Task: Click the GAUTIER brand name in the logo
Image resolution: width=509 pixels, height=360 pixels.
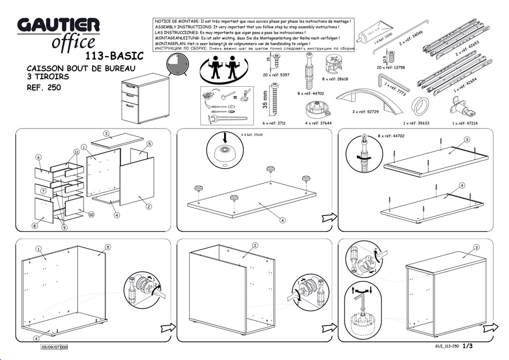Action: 58,25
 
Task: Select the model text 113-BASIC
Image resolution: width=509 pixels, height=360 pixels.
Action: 114,55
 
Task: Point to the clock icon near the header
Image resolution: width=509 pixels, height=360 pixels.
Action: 176,64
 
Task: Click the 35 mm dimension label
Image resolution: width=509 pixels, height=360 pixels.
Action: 265,100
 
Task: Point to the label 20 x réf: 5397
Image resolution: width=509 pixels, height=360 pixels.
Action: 276,75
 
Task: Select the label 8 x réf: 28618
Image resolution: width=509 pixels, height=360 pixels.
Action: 335,79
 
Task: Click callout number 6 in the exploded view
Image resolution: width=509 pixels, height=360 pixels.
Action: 39,157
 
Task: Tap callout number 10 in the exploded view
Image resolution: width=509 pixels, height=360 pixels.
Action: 91,214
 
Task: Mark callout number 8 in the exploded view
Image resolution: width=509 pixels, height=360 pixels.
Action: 35,226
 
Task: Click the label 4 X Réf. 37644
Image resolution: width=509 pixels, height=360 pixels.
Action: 251,135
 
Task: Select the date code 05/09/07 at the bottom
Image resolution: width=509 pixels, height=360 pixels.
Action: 55,347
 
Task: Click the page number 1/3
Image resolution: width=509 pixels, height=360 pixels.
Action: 467,346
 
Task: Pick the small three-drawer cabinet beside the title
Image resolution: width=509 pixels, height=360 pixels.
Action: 138,97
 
